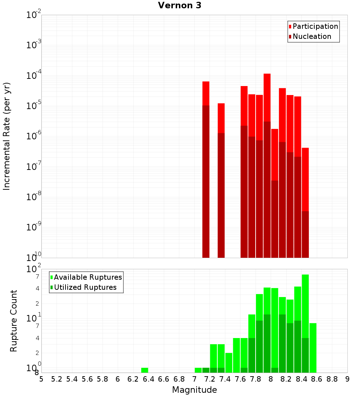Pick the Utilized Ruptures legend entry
(x=85, y=287)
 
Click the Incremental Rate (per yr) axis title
(x=7, y=136)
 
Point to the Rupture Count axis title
(x=14, y=321)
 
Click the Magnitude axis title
(x=194, y=390)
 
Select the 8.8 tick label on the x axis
(x=332, y=379)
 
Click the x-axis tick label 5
(x=41, y=379)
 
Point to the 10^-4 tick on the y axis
(x=34, y=76)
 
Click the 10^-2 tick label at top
(x=34, y=15)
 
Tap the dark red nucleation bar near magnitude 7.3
(x=221, y=194)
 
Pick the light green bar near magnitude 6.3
(x=145, y=370)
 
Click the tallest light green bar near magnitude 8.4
(x=305, y=306)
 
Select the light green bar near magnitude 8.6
(x=313, y=347)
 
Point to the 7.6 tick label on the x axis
(x=240, y=379)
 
